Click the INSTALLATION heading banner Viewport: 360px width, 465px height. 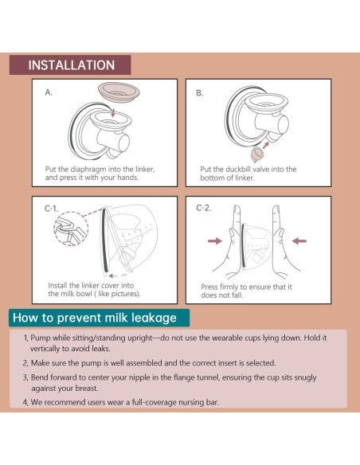70,64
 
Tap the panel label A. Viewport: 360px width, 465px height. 49,92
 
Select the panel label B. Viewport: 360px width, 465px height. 200,93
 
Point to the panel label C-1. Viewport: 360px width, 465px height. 51,209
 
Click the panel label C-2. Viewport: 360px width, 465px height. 204,208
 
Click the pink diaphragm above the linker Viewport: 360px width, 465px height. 119,92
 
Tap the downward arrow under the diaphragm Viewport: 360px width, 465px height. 112,112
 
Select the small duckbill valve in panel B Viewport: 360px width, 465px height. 256,154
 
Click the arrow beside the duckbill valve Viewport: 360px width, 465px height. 266,145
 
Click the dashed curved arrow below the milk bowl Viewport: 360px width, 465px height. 120,275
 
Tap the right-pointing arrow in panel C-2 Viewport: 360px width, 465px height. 215,240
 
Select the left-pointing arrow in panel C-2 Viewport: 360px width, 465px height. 299,240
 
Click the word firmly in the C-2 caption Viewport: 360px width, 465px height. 229,287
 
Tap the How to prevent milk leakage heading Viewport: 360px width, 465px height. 95,318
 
